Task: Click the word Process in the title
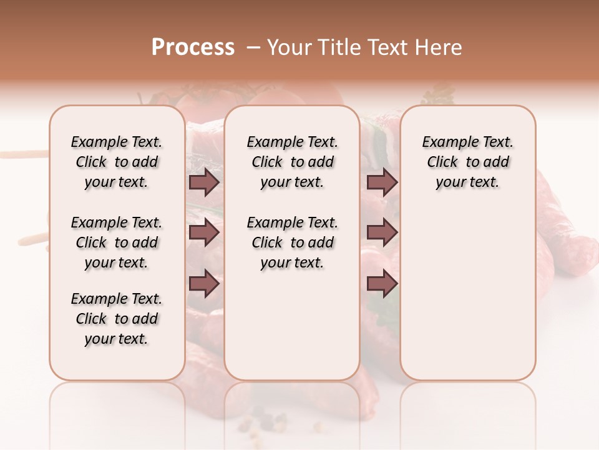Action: click(193, 47)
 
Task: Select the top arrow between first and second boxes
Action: click(204, 182)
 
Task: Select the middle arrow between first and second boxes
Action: click(204, 232)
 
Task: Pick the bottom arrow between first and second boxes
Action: click(204, 283)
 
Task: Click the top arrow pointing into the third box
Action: click(382, 182)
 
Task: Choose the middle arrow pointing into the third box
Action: click(382, 232)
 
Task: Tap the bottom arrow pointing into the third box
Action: click(382, 283)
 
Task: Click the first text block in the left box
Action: click(117, 162)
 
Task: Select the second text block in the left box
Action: click(117, 242)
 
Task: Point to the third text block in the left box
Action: click(117, 319)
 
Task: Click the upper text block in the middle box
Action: click(292, 162)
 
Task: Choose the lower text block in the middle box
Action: click(292, 242)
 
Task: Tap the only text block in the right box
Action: click(467, 162)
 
